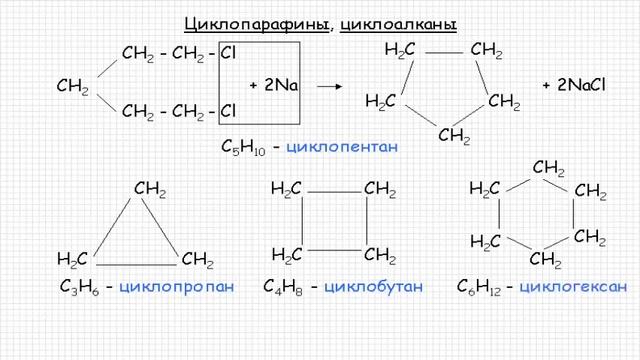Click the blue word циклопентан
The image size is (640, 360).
coord(342,147)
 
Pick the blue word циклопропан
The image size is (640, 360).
coord(176,288)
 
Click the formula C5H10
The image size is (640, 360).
coord(242,147)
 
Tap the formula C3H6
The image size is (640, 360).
coord(78,288)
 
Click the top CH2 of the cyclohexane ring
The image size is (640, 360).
coord(549,166)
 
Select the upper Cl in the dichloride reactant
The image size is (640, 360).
coord(228,52)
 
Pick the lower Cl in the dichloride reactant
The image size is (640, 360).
coord(228,110)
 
